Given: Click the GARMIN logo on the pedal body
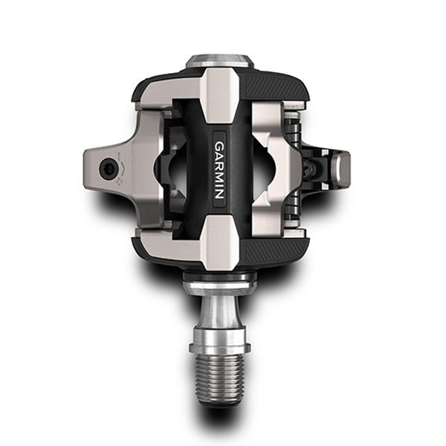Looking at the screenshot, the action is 219,169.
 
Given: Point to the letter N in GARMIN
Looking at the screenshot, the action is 219,194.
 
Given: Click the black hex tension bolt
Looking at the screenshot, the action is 108,169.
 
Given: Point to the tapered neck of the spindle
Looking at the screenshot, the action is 219,311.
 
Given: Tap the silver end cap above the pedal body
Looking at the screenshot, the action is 219,60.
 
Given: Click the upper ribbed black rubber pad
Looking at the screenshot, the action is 276,85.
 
